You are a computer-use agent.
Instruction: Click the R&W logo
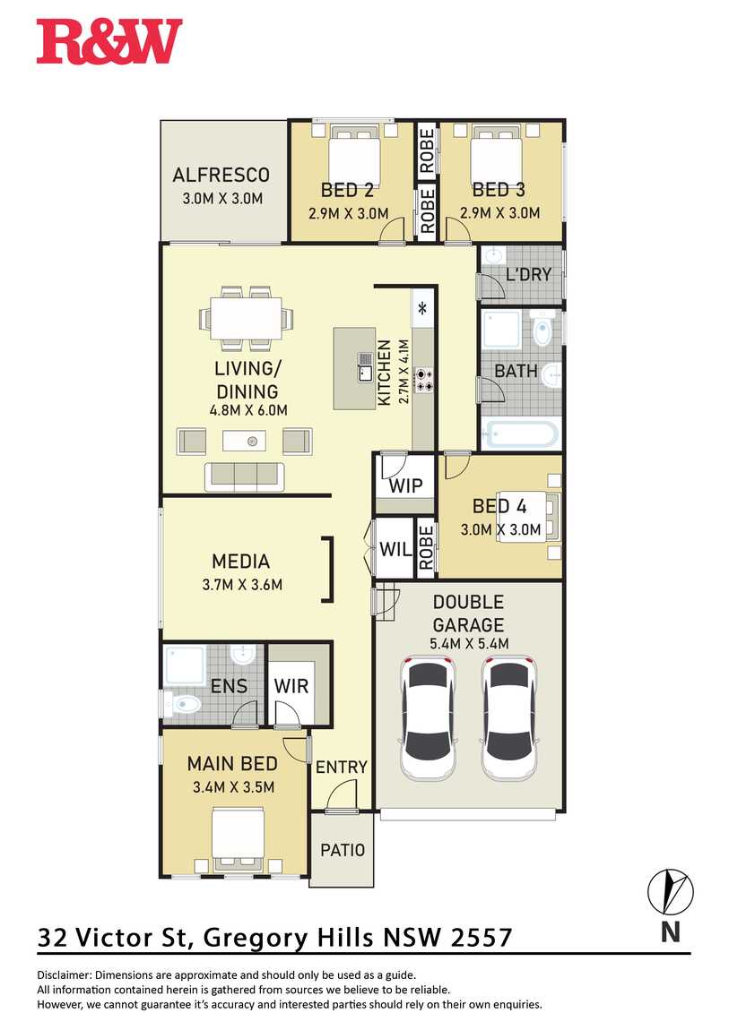(109, 41)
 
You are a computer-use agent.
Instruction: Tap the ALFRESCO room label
(221, 175)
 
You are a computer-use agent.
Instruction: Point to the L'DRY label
(528, 274)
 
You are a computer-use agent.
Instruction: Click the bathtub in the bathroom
(522, 434)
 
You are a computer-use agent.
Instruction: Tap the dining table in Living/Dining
(246, 318)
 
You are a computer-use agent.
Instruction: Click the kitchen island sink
(365, 366)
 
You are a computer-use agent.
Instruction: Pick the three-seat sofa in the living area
(245, 476)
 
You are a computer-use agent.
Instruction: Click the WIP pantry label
(405, 485)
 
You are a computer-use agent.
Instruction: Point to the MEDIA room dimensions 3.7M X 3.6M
(242, 584)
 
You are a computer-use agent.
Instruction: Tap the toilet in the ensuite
(183, 704)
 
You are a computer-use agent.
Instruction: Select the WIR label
(291, 686)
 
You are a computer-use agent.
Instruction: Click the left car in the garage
(428, 717)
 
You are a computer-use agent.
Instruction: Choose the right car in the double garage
(509, 717)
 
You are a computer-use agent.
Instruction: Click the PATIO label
(342, 850)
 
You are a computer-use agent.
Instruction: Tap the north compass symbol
(671, 892)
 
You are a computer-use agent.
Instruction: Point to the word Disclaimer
(65, 974)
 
